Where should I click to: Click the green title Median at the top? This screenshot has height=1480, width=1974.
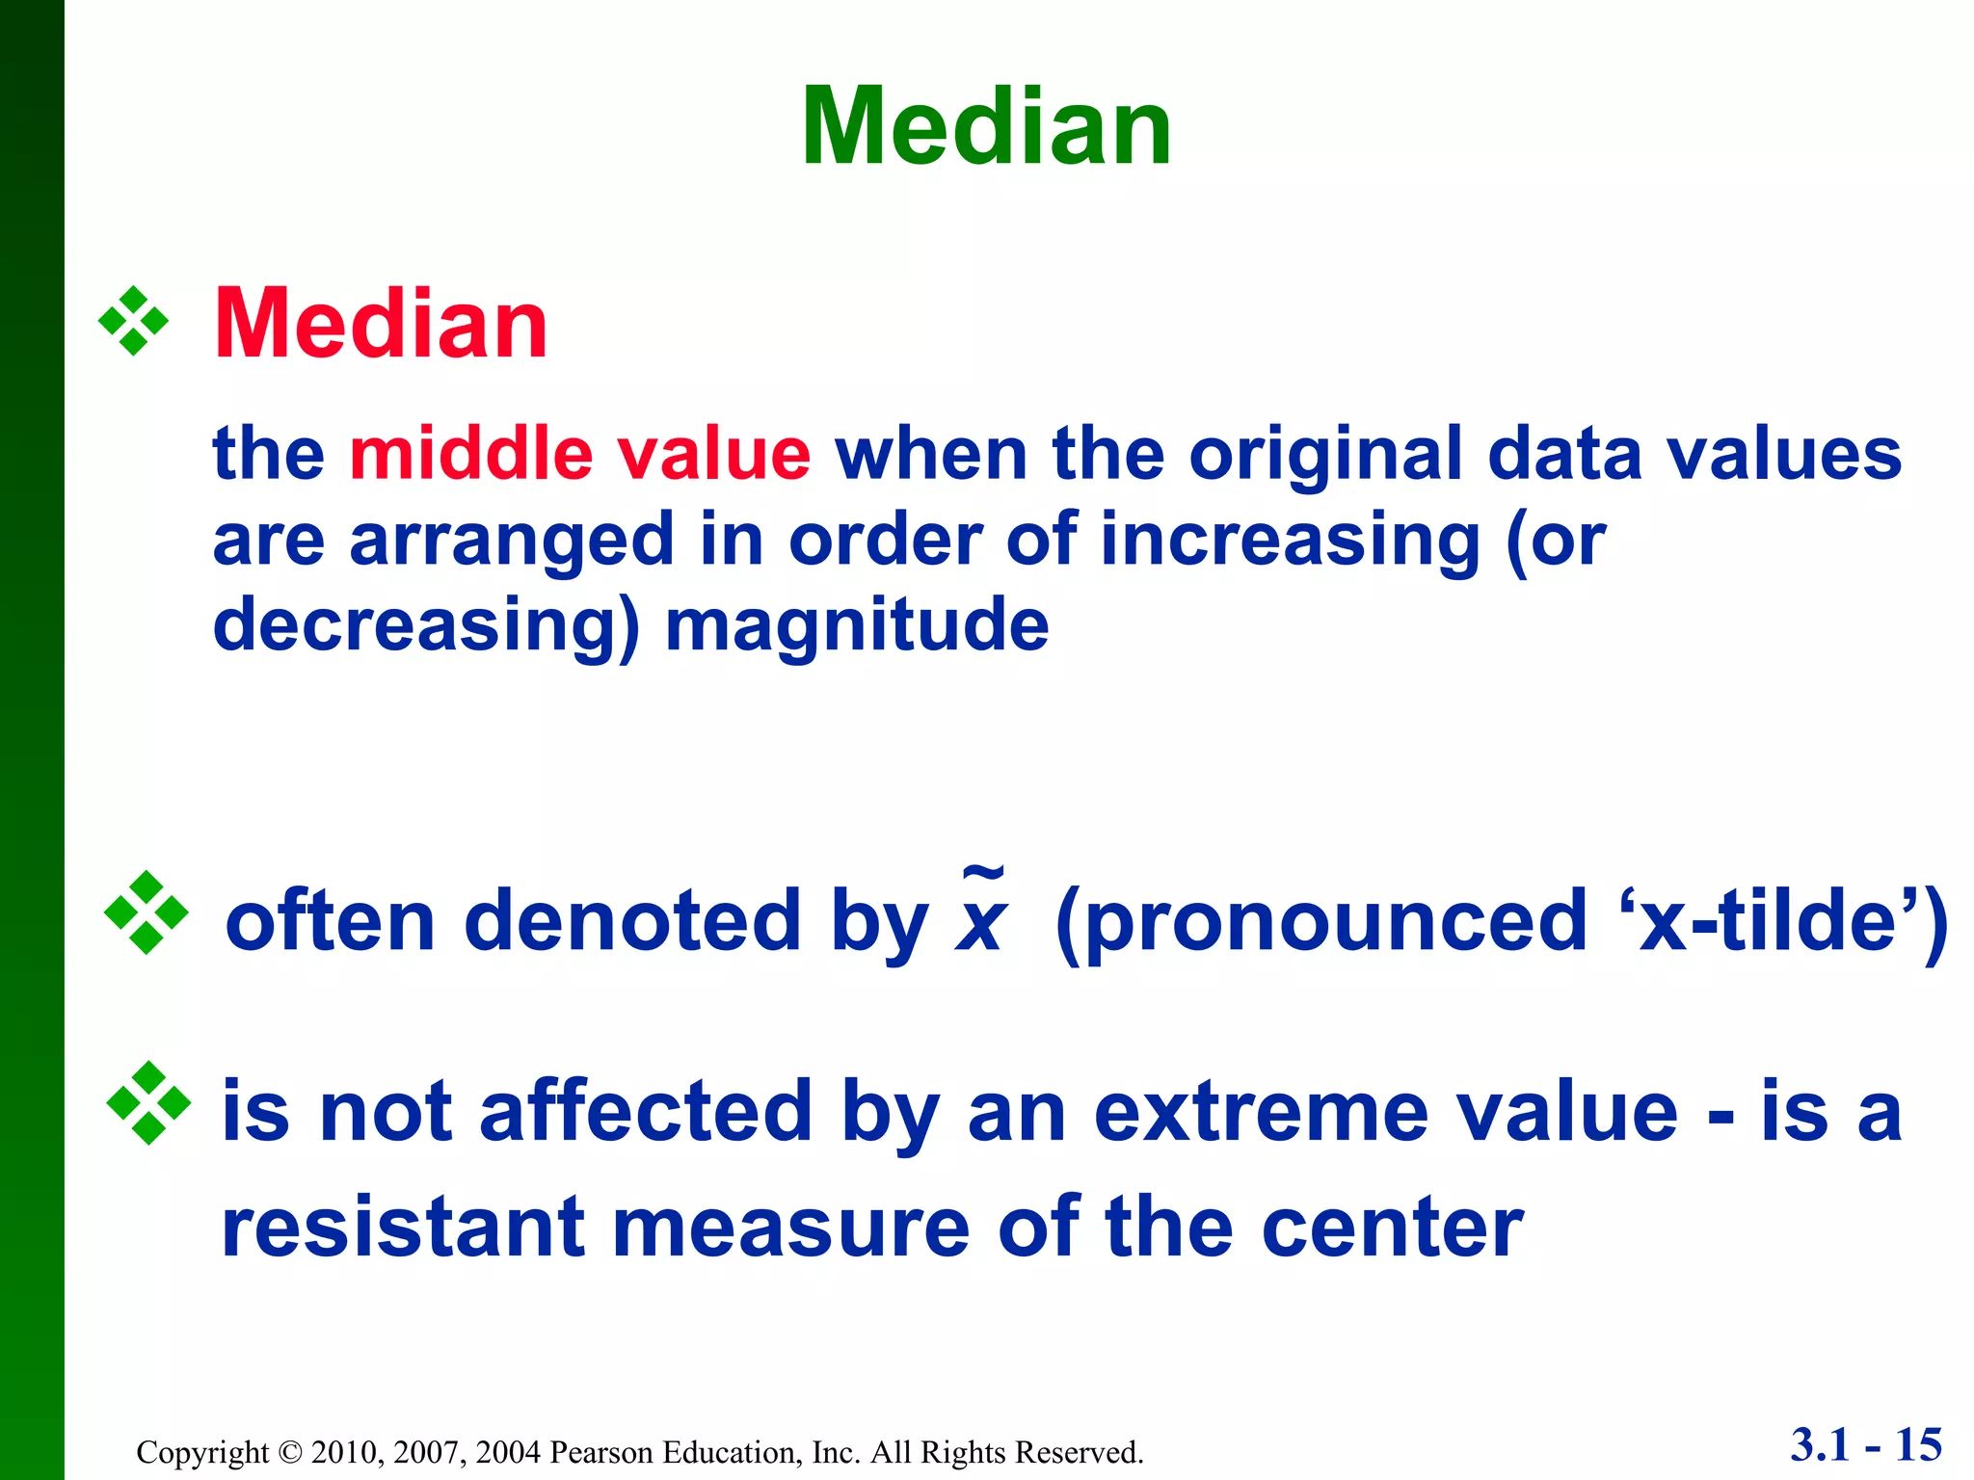986,127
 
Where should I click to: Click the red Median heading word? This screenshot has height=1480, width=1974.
381,325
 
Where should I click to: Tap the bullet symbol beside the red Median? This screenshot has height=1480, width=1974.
133,322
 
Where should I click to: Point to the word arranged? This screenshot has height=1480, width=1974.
512,542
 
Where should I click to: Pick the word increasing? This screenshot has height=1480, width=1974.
1290,542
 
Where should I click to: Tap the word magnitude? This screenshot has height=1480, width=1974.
857,626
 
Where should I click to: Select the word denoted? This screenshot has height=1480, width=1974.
632,921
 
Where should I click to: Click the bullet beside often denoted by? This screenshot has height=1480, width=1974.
146,912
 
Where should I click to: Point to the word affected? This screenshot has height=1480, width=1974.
646,1113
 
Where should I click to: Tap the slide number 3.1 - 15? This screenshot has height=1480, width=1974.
1865,1444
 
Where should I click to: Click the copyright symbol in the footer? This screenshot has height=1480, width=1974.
289,1452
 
